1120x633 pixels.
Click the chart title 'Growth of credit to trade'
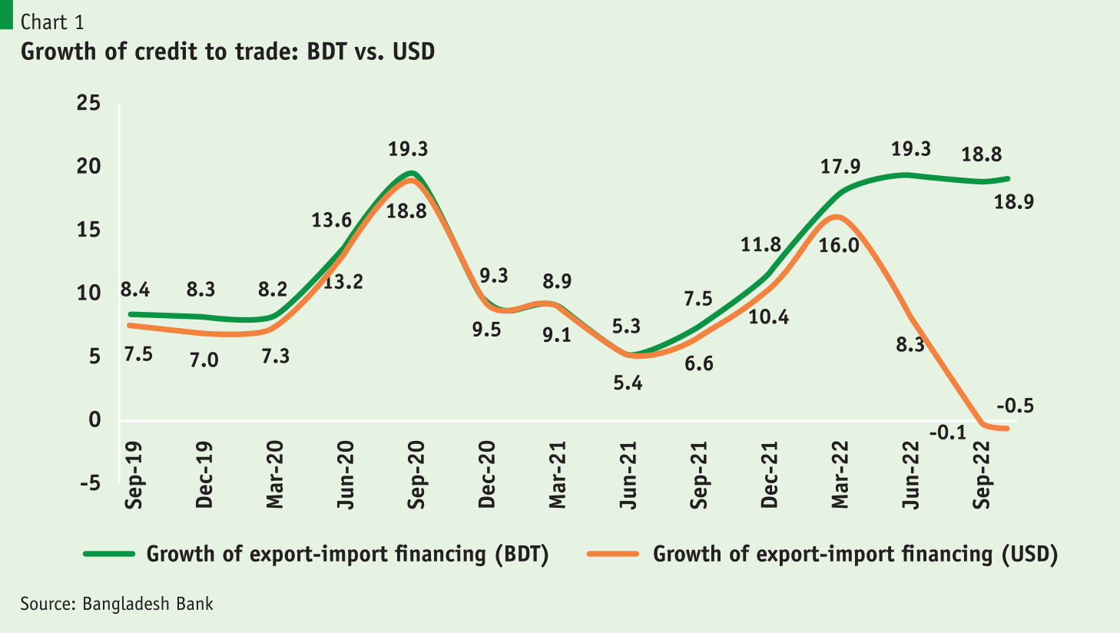(227, 51)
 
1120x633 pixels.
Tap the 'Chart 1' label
(52, 22)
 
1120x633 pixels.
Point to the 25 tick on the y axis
(88, 103)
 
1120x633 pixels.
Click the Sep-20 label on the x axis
(416, 474)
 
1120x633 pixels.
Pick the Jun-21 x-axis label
(628, 474)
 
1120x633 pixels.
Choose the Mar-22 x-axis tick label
(840, 474)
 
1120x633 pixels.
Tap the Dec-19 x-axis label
(204, 474)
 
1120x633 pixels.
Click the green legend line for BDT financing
(109, 554)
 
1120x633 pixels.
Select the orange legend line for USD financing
(613, 554)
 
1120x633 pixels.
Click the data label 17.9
(840, 167)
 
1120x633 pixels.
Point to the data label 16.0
(839, 247)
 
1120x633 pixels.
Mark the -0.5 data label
(1015, 406)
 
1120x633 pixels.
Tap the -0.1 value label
(947, 433)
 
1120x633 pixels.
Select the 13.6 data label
(332, 220)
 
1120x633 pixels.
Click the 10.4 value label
(769, 316)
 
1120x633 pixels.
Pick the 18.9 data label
(1014, 202)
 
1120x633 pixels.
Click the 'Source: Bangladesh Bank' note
(117, 604)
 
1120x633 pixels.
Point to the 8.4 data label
(135, 290)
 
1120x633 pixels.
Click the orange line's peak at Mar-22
(837, 217)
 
